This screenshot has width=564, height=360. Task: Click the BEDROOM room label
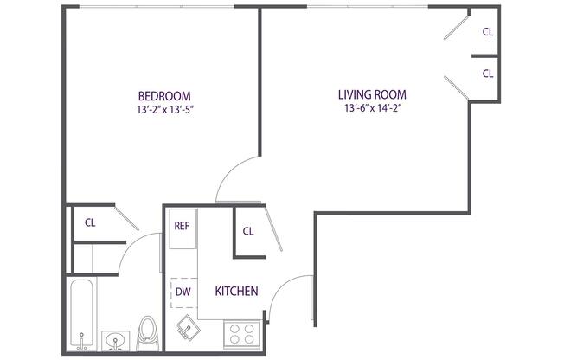pos(164,96)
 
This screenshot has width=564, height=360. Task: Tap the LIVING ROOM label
pos(372,94)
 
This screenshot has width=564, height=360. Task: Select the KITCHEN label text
pos(236,291)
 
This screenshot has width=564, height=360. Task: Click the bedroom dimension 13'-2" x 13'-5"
pos(165,109)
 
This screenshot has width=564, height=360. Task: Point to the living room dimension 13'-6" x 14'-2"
pos(373,108)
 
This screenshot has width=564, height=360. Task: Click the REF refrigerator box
pos(183,228)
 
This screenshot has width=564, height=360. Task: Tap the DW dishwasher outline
pos(183,292)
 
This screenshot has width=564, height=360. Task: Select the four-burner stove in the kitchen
pos(241,334)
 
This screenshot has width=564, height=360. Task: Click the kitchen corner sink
pos(189,328)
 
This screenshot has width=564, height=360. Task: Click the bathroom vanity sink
pos(115,341)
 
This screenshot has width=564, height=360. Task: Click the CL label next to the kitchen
pos(248,231)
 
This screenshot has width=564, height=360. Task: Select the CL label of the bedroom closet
pos(90,223)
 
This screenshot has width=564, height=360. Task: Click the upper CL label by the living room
pos(488,32)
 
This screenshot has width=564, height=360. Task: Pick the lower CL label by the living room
pos(488,74)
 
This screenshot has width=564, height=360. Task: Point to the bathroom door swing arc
pos(133,245)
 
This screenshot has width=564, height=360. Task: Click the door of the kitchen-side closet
pos(273,229)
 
